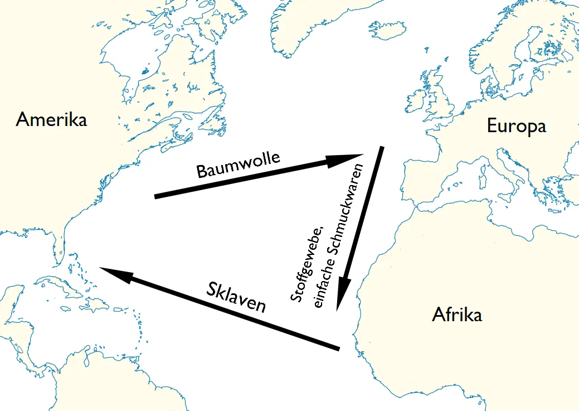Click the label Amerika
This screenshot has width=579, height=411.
click(x=51, y=119)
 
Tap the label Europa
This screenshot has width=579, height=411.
click(x=516, y=126)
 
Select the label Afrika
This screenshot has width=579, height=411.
click(x=457, y=315)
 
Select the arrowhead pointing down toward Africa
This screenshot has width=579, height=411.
click(x=343, y=296)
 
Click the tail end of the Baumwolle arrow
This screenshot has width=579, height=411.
click(x=156, y=196)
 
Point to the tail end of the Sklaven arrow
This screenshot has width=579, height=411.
click(x=337, y=349)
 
